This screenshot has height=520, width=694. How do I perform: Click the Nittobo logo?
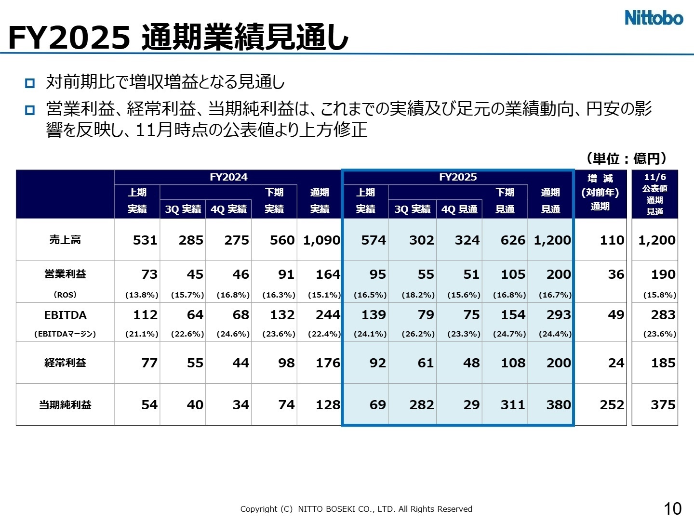[x=654, y=18]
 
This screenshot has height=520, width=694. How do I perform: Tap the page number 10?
[x=673, y=508]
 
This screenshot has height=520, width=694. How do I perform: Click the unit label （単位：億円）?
[x=627, y=158]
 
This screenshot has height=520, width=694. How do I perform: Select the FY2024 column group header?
[x=228, y=177]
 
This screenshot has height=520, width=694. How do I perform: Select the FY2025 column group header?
[x=458, y=177]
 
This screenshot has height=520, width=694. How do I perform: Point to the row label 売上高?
[x=65, y=240]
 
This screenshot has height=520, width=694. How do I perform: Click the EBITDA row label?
[x=65, y=315]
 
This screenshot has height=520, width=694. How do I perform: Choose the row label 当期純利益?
[x=65, y=405]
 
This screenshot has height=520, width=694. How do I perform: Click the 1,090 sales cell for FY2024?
[x=321, y=240]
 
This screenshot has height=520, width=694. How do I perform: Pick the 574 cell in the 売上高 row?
[x=374, y=240]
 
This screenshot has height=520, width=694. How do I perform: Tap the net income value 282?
[x=422, y=405]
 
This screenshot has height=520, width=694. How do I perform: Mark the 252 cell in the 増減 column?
[x=612, y=405]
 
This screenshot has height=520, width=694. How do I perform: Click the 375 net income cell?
[x=663, y=405]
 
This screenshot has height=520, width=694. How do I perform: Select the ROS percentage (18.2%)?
[x=418, y=295]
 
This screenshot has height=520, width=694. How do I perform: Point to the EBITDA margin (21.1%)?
[x=142, y=334]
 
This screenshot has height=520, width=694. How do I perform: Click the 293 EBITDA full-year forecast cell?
[x=559, y=315]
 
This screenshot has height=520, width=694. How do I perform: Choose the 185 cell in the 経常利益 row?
[x=663, y=363]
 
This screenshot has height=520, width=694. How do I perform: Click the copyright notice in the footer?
[x=356, y=509]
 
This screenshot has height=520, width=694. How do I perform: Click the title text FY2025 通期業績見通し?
[x=178, y=38]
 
